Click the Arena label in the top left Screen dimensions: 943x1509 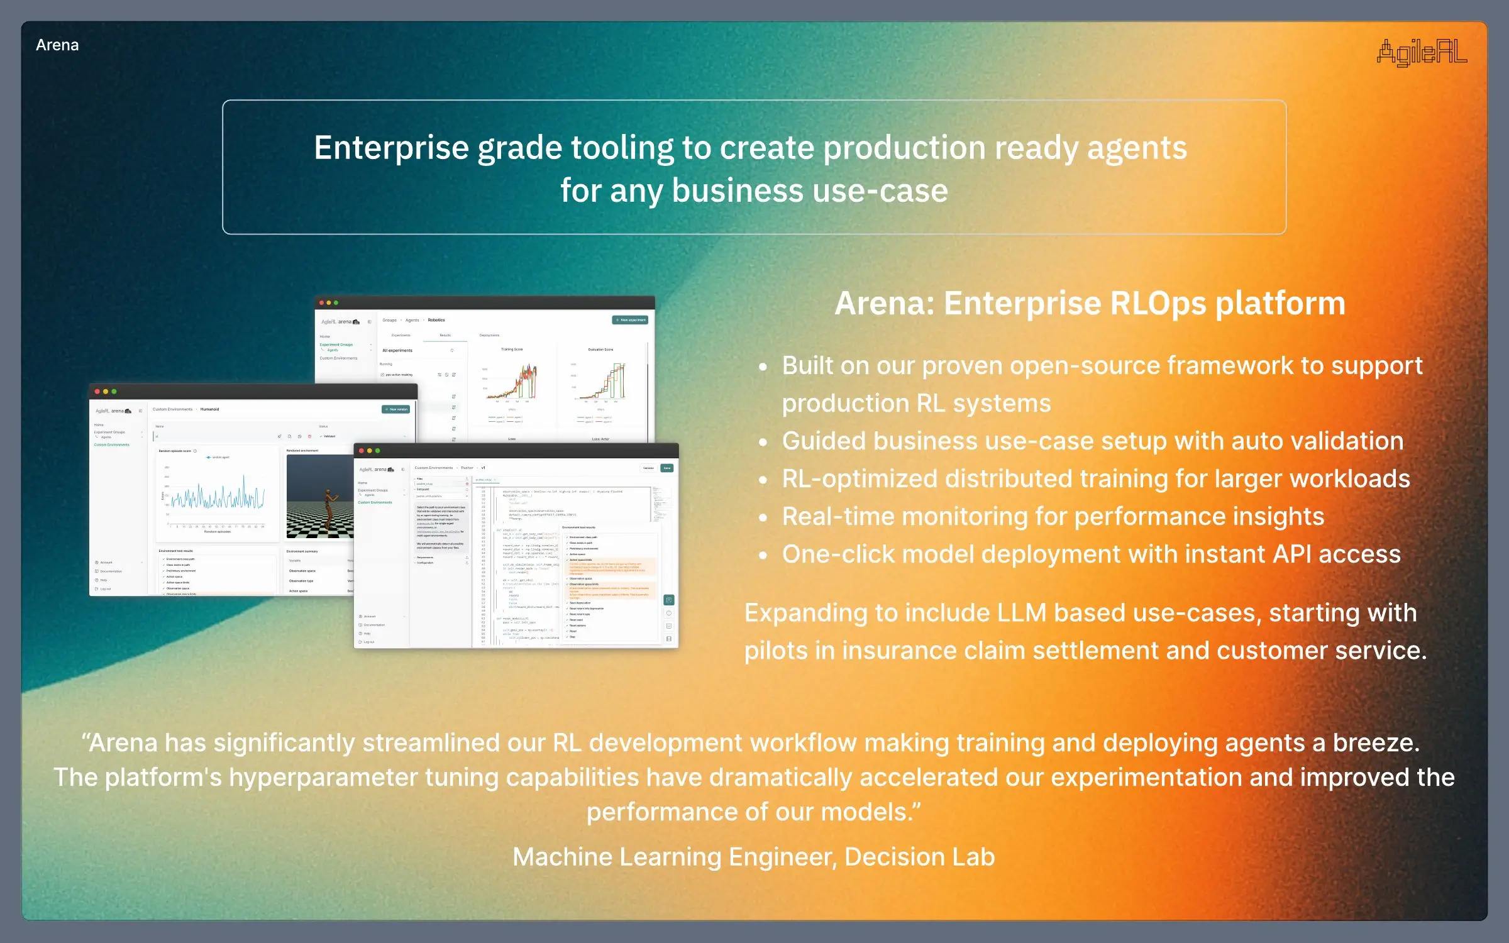click(57, 45)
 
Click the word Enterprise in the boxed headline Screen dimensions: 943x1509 click(391, 148)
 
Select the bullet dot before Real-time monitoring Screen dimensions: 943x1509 click(763, 518)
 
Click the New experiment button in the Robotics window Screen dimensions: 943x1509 click(630, 320)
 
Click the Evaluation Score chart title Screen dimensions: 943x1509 click(600, 350)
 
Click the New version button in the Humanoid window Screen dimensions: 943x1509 click(396, 409)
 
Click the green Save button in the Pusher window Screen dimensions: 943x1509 click(667, 468)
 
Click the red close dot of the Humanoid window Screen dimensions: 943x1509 click(97, 392)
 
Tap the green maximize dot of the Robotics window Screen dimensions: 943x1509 click(336, 303)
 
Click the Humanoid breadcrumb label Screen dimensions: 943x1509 click(209, 409)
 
